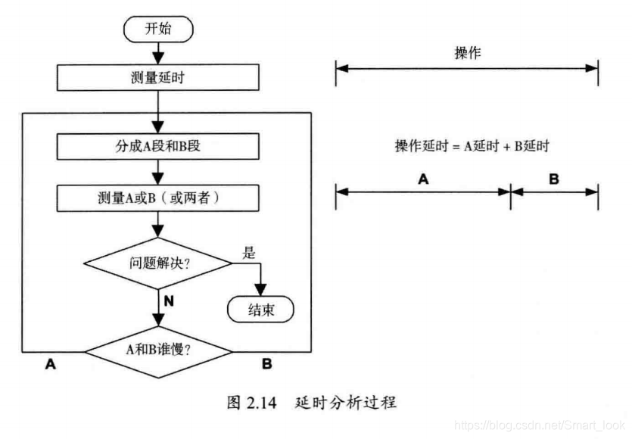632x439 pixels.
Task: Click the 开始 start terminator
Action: click(159, 30)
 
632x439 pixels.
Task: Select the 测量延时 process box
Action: click(158, 76)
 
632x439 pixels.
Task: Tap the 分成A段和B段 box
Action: click(158, 146)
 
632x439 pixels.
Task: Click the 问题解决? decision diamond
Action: click(158, 264)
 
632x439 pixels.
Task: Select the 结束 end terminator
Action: click(261, 310)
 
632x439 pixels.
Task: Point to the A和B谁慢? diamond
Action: click(158, 350)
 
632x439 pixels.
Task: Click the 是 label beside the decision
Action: click(249, 253)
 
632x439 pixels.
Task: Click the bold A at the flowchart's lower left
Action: click(51, 364)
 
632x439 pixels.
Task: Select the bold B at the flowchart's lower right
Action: click(266, 364)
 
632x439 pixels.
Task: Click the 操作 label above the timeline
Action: click(467, 54)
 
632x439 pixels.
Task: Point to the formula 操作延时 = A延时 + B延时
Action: click(472, 146)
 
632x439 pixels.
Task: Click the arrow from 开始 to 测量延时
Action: click(158, 53)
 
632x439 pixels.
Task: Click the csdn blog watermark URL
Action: click(540, 425)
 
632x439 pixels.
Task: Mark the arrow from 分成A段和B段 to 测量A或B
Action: click(158, 172)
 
